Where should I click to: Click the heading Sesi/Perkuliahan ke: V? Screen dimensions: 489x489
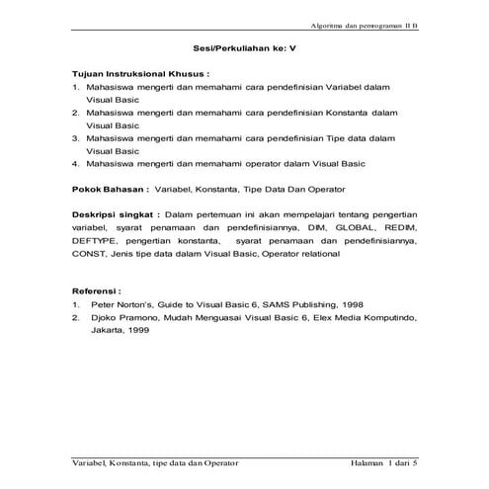click(244, 47)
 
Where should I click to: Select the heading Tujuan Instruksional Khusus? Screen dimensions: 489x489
click(140, 74)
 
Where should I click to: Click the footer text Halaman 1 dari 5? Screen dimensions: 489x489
click(385, 463)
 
